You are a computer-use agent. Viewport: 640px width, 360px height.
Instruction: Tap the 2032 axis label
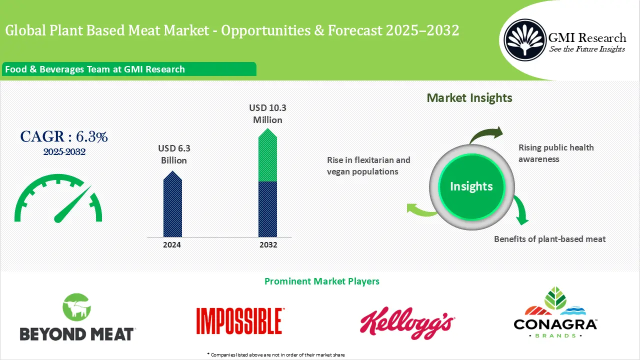[268, 245]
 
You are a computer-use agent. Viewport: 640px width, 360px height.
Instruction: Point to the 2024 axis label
[172, 245]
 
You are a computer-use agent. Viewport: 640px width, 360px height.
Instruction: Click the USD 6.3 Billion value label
[174, 154]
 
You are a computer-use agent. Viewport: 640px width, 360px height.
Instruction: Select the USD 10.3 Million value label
[267, 114]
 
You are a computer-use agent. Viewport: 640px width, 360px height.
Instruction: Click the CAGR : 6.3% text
[64, 136]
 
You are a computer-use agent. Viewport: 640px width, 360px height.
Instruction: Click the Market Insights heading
[469, 98]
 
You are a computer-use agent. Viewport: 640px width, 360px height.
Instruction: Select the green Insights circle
[471, 186]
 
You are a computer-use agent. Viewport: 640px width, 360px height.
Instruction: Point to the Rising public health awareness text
[556, 153]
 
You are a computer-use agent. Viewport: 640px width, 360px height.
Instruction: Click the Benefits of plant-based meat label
[549, 239]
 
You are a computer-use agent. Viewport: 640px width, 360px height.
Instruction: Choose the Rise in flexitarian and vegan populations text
[368, 165]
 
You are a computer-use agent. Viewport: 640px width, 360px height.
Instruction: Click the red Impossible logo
[239, 320]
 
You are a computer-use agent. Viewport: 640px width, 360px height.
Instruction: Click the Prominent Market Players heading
[321, 281]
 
